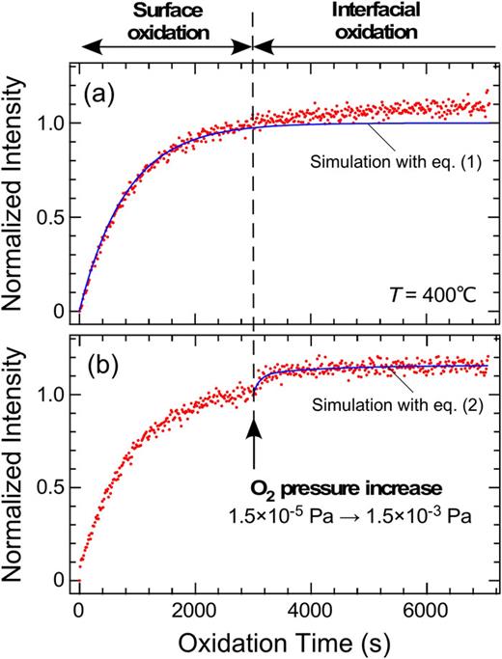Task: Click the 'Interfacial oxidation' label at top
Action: [x=373, y=20]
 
